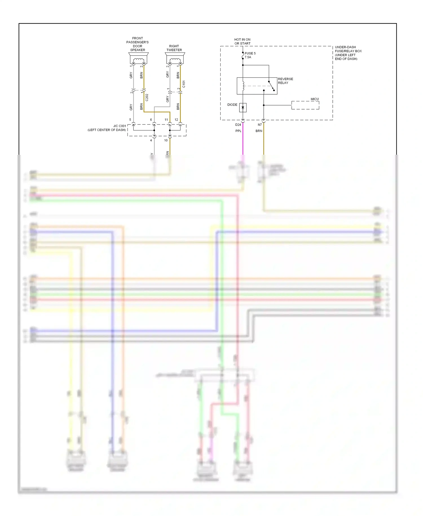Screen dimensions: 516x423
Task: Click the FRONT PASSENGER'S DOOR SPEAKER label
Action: [138, 44]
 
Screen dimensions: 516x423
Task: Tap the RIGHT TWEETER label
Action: [174, 48]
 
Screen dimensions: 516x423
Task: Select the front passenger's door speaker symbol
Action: [138, 58]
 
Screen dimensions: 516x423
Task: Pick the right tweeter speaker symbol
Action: [175, 58]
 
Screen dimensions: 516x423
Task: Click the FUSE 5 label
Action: [250, 53]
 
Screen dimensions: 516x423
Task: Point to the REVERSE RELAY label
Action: [285, 81]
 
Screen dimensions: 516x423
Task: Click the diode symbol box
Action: [243, 108]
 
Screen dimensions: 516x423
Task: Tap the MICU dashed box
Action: [305, 105]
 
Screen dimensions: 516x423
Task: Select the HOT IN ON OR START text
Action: [242, 41]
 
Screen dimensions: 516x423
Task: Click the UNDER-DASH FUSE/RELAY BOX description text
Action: [348, 53]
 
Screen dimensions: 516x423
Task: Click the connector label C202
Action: [147, 97]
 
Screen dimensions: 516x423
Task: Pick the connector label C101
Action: [184, 84]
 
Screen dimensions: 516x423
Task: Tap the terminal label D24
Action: [238, 125]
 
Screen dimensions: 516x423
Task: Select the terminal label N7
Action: [260, 125]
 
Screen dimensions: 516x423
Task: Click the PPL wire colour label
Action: [238, 131]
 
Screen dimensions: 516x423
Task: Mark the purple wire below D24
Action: [243, 141]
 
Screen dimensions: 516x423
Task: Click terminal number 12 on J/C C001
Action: [176, 120]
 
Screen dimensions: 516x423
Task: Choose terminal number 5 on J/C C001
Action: [130, 120]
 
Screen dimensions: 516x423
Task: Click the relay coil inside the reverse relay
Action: [243, 86]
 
